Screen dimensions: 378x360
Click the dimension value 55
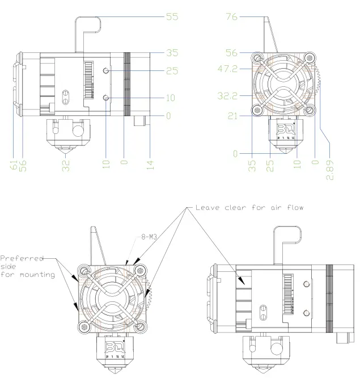pos(172,17)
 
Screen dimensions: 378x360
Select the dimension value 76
pos(231,17)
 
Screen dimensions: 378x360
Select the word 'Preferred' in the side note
pos(22,258)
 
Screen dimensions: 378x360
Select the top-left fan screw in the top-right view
pos(258,57)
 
